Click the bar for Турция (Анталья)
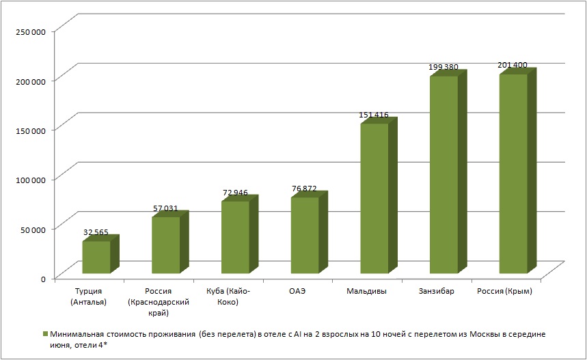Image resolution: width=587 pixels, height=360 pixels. (96, 258)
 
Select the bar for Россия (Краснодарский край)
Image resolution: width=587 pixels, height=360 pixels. (165, 245)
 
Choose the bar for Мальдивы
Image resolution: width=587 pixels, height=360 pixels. (374, 198)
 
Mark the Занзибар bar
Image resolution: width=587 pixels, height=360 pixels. (444, 174)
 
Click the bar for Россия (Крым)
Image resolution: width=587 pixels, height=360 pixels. (514, 174)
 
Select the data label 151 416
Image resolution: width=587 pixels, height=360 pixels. (373, 115)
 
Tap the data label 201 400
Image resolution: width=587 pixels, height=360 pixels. (512, 65)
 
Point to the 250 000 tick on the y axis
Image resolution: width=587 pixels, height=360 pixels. (29, 31)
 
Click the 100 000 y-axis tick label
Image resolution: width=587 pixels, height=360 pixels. (29, 180)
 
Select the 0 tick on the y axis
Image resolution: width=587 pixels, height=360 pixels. (42, 278)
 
